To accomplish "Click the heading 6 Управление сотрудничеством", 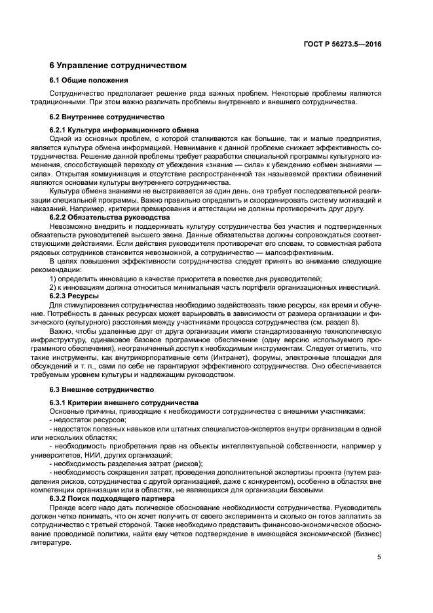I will (119, 66).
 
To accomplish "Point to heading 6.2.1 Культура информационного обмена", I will (124, 130).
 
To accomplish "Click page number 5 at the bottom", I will (379, 557).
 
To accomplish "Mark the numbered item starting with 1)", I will (186, 279).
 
